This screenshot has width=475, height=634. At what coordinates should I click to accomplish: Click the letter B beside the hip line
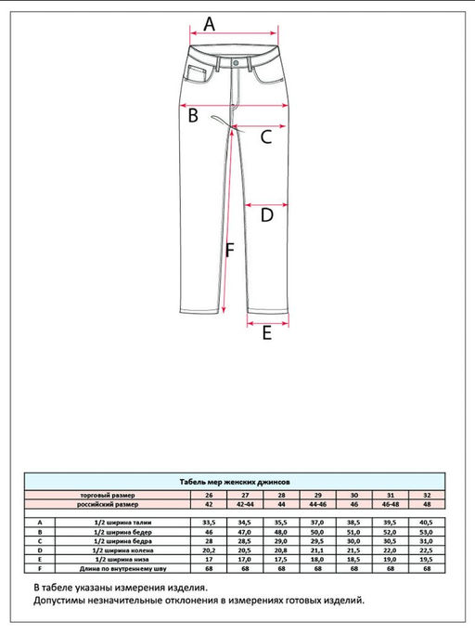tap(194, 116)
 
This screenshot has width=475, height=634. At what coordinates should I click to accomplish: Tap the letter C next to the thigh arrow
tap(264, 138)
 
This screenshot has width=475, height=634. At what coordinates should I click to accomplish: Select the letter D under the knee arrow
tap(265, 216)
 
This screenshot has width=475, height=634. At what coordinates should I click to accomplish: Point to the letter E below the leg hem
tap(266, 334)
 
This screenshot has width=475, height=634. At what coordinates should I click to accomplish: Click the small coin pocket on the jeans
tap(199, 74)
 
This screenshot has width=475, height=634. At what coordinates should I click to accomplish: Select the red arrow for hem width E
tap(266, 322)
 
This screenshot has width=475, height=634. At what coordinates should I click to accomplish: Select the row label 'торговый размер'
tap(106, 496)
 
